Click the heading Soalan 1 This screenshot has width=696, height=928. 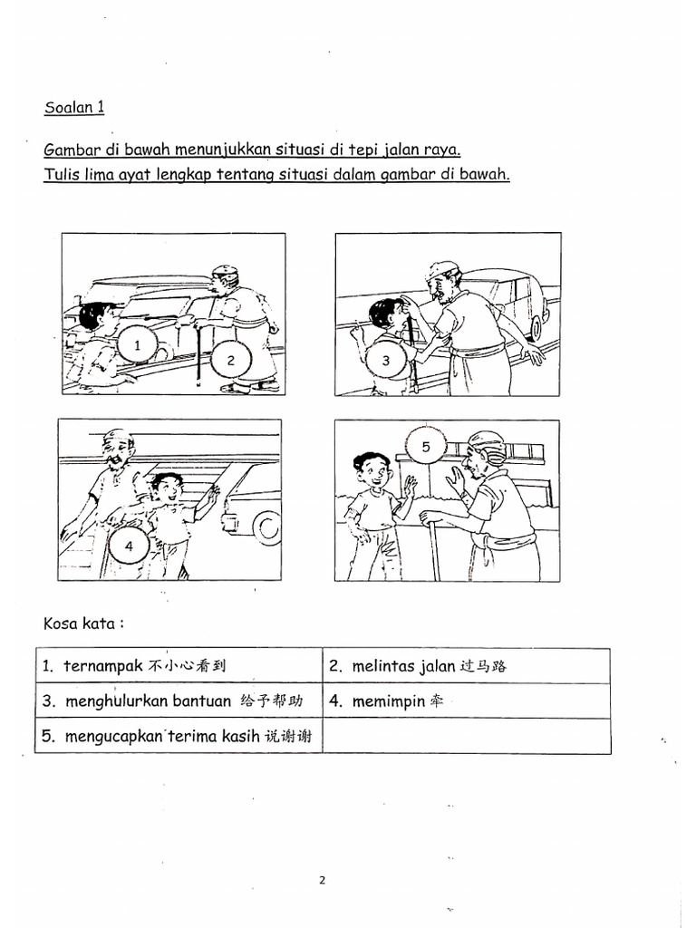tap(74, 108)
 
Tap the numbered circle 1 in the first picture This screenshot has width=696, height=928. tap(137, 346)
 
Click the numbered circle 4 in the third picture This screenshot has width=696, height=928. tap(130, 546)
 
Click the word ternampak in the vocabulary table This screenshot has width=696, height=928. tap(99, 666)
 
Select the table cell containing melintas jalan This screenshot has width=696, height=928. tap(466, 666)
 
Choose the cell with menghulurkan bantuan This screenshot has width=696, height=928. tap(179, 701)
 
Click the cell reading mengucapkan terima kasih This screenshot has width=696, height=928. tap(179, 736)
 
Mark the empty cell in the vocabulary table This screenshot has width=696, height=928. tap(466, 736)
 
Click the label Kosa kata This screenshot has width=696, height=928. tap(83, 623)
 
